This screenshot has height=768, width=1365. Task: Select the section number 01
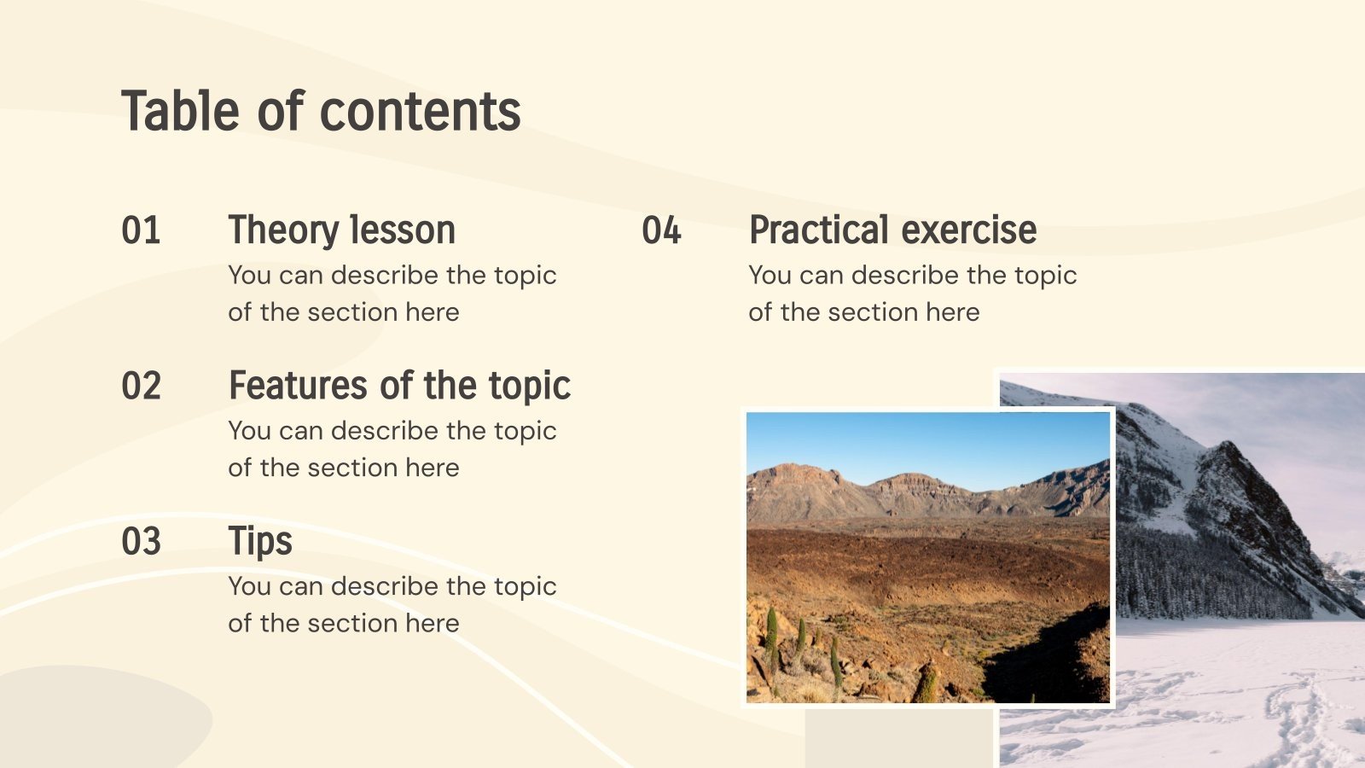(x=141, y=230)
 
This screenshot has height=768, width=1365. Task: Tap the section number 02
(x=141, y=386)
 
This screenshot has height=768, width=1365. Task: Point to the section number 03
(x=141, y=542)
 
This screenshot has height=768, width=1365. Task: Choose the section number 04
(x=661, y=230)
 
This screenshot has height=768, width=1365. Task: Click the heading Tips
(x=260, y=542)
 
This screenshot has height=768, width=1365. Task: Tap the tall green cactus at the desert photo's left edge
(x=771, y=636)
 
